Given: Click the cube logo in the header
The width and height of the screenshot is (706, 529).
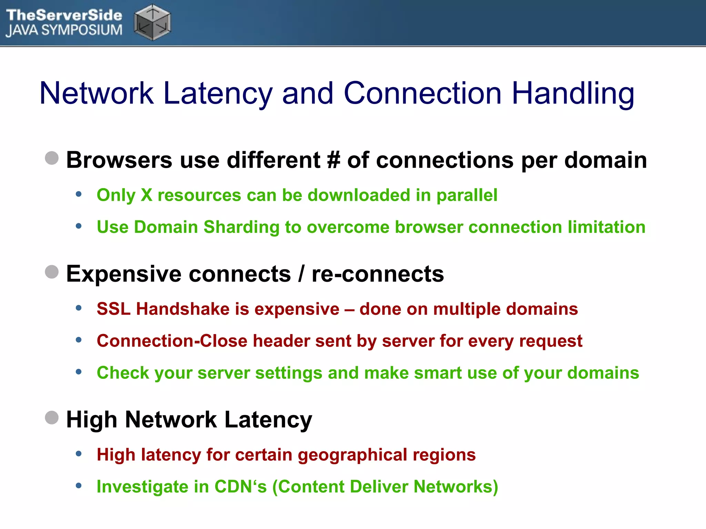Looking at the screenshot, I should point(152,23).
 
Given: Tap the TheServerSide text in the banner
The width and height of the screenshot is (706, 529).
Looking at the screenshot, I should point(64,15).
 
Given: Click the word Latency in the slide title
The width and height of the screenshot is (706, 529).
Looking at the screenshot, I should point(218,93).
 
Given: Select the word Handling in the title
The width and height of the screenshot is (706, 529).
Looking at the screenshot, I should point(573,93).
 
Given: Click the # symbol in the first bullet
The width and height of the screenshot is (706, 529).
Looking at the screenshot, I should point(333,160).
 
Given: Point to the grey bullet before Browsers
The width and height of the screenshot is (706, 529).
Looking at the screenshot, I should point(52,158).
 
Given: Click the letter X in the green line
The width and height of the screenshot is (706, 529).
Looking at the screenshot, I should point(147,195).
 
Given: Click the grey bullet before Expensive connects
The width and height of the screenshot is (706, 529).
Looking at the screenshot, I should point(52,272).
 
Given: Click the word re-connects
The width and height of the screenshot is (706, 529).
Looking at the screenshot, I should point(377,274).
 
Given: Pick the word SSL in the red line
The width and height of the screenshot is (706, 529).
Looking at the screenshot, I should point(113,309).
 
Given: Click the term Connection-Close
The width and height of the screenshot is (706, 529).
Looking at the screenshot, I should point(172,341).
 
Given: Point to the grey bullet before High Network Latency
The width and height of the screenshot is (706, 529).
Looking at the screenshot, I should point(52,418).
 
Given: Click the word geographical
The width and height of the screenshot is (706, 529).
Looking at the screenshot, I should point(352,455).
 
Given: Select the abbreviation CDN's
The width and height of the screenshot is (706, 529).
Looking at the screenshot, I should point(240,487).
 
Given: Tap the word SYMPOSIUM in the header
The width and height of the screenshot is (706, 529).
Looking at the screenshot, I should point(82,30).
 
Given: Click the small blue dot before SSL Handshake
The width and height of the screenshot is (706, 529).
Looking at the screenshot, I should point(79,308).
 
